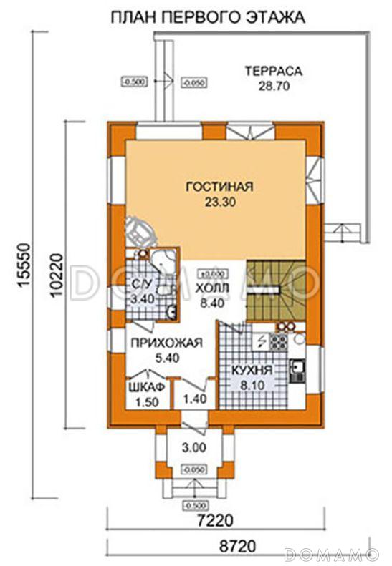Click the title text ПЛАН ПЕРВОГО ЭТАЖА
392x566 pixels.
(x=207, y=16)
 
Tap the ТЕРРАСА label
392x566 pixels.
(x=273, y=71)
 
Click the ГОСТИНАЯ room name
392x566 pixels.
(x=219, y=187)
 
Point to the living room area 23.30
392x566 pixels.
(x=219, y=203)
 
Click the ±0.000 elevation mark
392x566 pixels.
(x=212, y=273)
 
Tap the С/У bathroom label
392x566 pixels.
(x=141, y=288)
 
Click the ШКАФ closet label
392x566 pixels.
(x=147, y=386)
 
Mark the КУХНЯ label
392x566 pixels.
(x=251, y=371)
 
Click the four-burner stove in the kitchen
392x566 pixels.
(x=277, y=343)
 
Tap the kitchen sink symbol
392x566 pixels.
(x=297, y=371)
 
